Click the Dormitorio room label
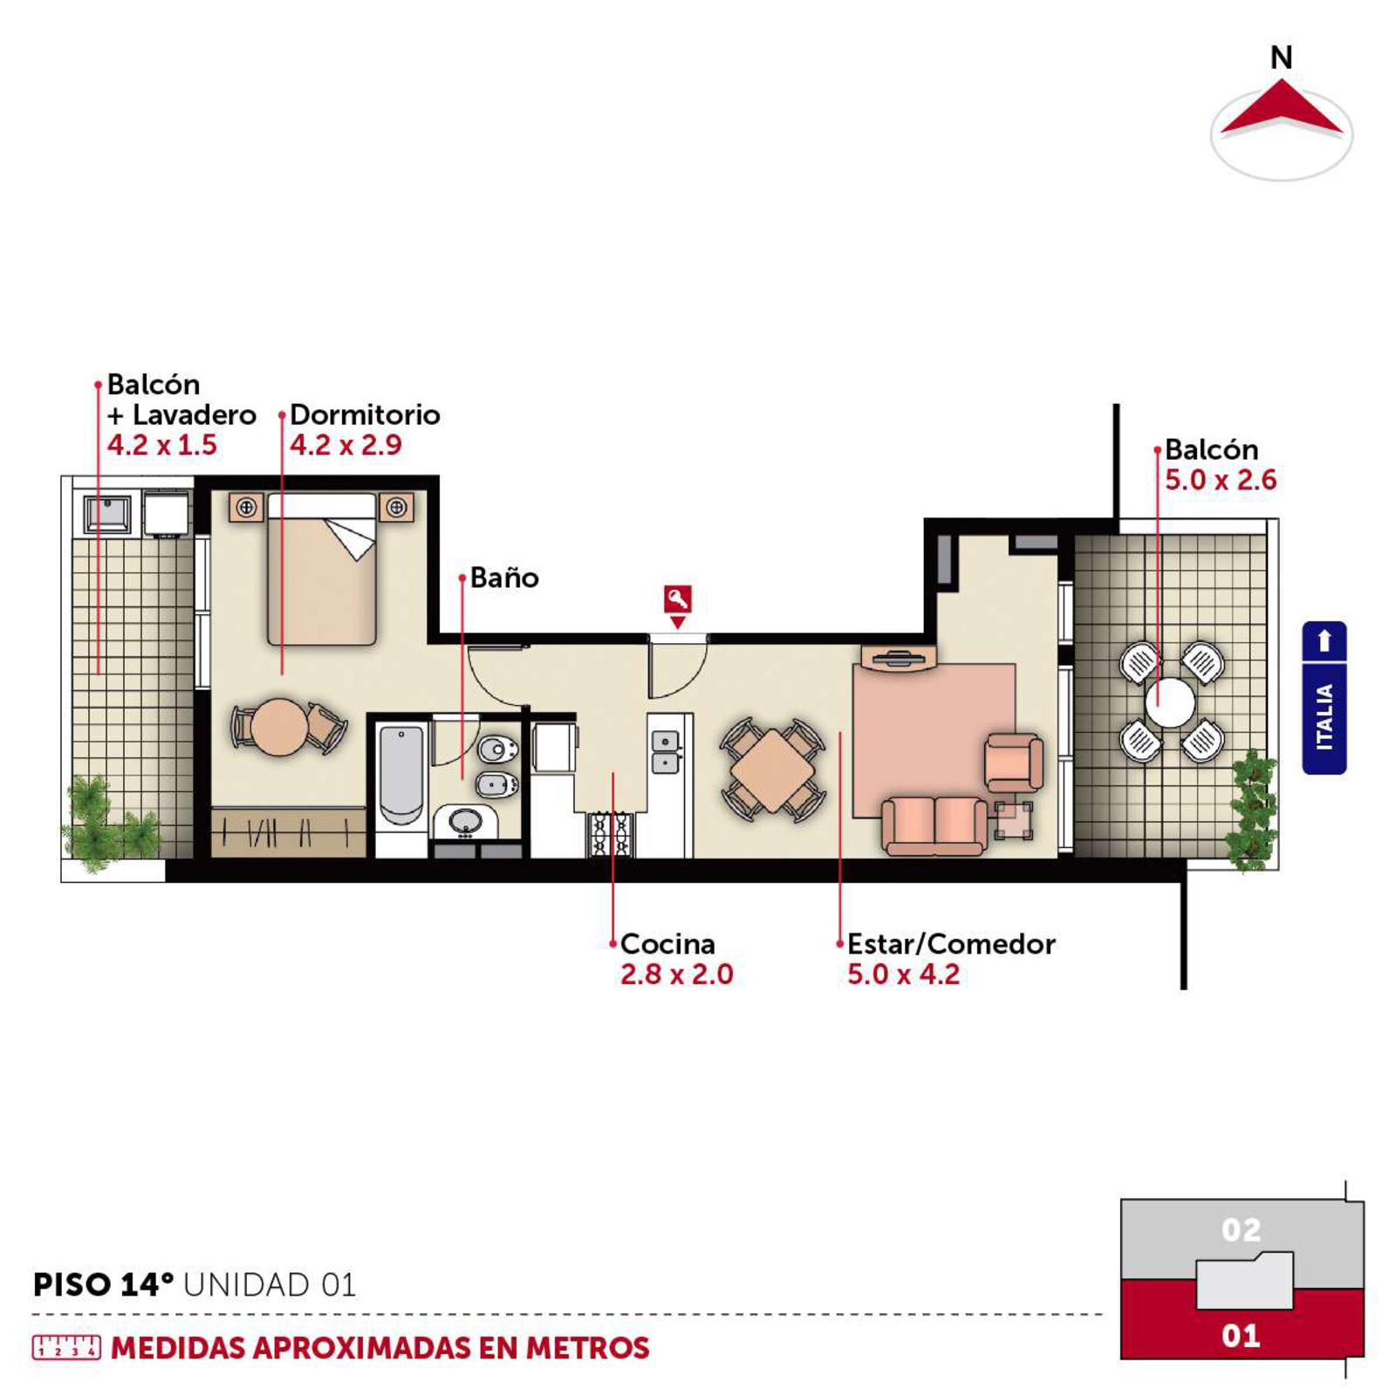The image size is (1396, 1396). (x=365, y=414)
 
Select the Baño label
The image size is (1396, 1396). (x=504, y=578)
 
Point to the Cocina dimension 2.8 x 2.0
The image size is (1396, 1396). (x=677, y=974)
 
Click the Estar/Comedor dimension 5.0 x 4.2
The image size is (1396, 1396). (x=903, y=974)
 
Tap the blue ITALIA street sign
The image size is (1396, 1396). (x=1324, y=698)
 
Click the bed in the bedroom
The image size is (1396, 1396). (x=322, y=569)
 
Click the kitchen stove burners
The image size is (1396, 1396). (x=611, y=833)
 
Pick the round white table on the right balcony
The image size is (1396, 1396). (x=1170, y=701)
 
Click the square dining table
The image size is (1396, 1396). (x=772, y=770)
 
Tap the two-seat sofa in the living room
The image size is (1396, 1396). (x=934, y=825)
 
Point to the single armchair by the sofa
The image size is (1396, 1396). (x=1013, y=763)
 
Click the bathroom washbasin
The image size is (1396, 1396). (x=465, y=821)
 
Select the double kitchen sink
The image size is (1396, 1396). (x=666, y=752)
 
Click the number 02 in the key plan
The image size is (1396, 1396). (x=1241, y=1229)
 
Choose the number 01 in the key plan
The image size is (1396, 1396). (x=1241, y=1335)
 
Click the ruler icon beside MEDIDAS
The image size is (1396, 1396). (x=66, y=1347)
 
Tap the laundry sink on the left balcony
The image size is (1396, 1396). (x=107, y=514)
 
